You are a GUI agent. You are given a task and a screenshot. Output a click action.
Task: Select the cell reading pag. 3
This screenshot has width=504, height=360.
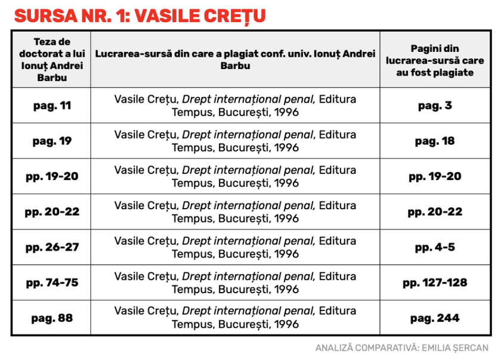tap(435, 105)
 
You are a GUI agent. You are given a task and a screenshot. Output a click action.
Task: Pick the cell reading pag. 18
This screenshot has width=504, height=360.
tap(435, 141)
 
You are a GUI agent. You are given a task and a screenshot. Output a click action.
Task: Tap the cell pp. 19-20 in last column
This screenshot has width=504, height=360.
tap(435, 176)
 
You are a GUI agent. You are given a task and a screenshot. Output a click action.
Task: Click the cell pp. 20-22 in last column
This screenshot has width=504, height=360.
tap(435, 212)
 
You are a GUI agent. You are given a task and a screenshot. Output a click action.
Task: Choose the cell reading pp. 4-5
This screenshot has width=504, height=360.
tap(435, 247)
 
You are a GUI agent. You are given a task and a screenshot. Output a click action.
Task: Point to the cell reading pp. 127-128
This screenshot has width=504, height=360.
tap(435, 283)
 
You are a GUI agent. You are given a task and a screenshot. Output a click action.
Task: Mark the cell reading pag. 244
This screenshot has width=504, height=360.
tap(435, 318)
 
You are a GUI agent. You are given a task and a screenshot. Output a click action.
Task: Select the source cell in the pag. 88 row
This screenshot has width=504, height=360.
tap(236, 318)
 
